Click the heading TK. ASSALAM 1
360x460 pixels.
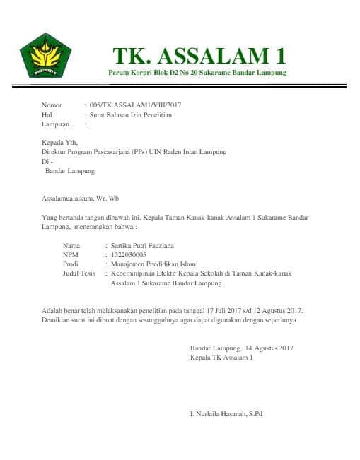tap(199, 55)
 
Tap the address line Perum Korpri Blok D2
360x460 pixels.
tap(197, 73)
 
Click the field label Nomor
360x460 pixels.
tap(52, 105)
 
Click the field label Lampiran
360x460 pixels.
tap(56, 124)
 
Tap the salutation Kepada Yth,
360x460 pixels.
tap(59, 142)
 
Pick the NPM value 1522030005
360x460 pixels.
tap(124, 254)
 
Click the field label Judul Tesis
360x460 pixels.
tap(79, 273)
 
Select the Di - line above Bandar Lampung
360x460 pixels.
tap(47, 161)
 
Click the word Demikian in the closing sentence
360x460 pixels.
tap(54, 319)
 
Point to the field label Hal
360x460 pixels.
tap(47, 114)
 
